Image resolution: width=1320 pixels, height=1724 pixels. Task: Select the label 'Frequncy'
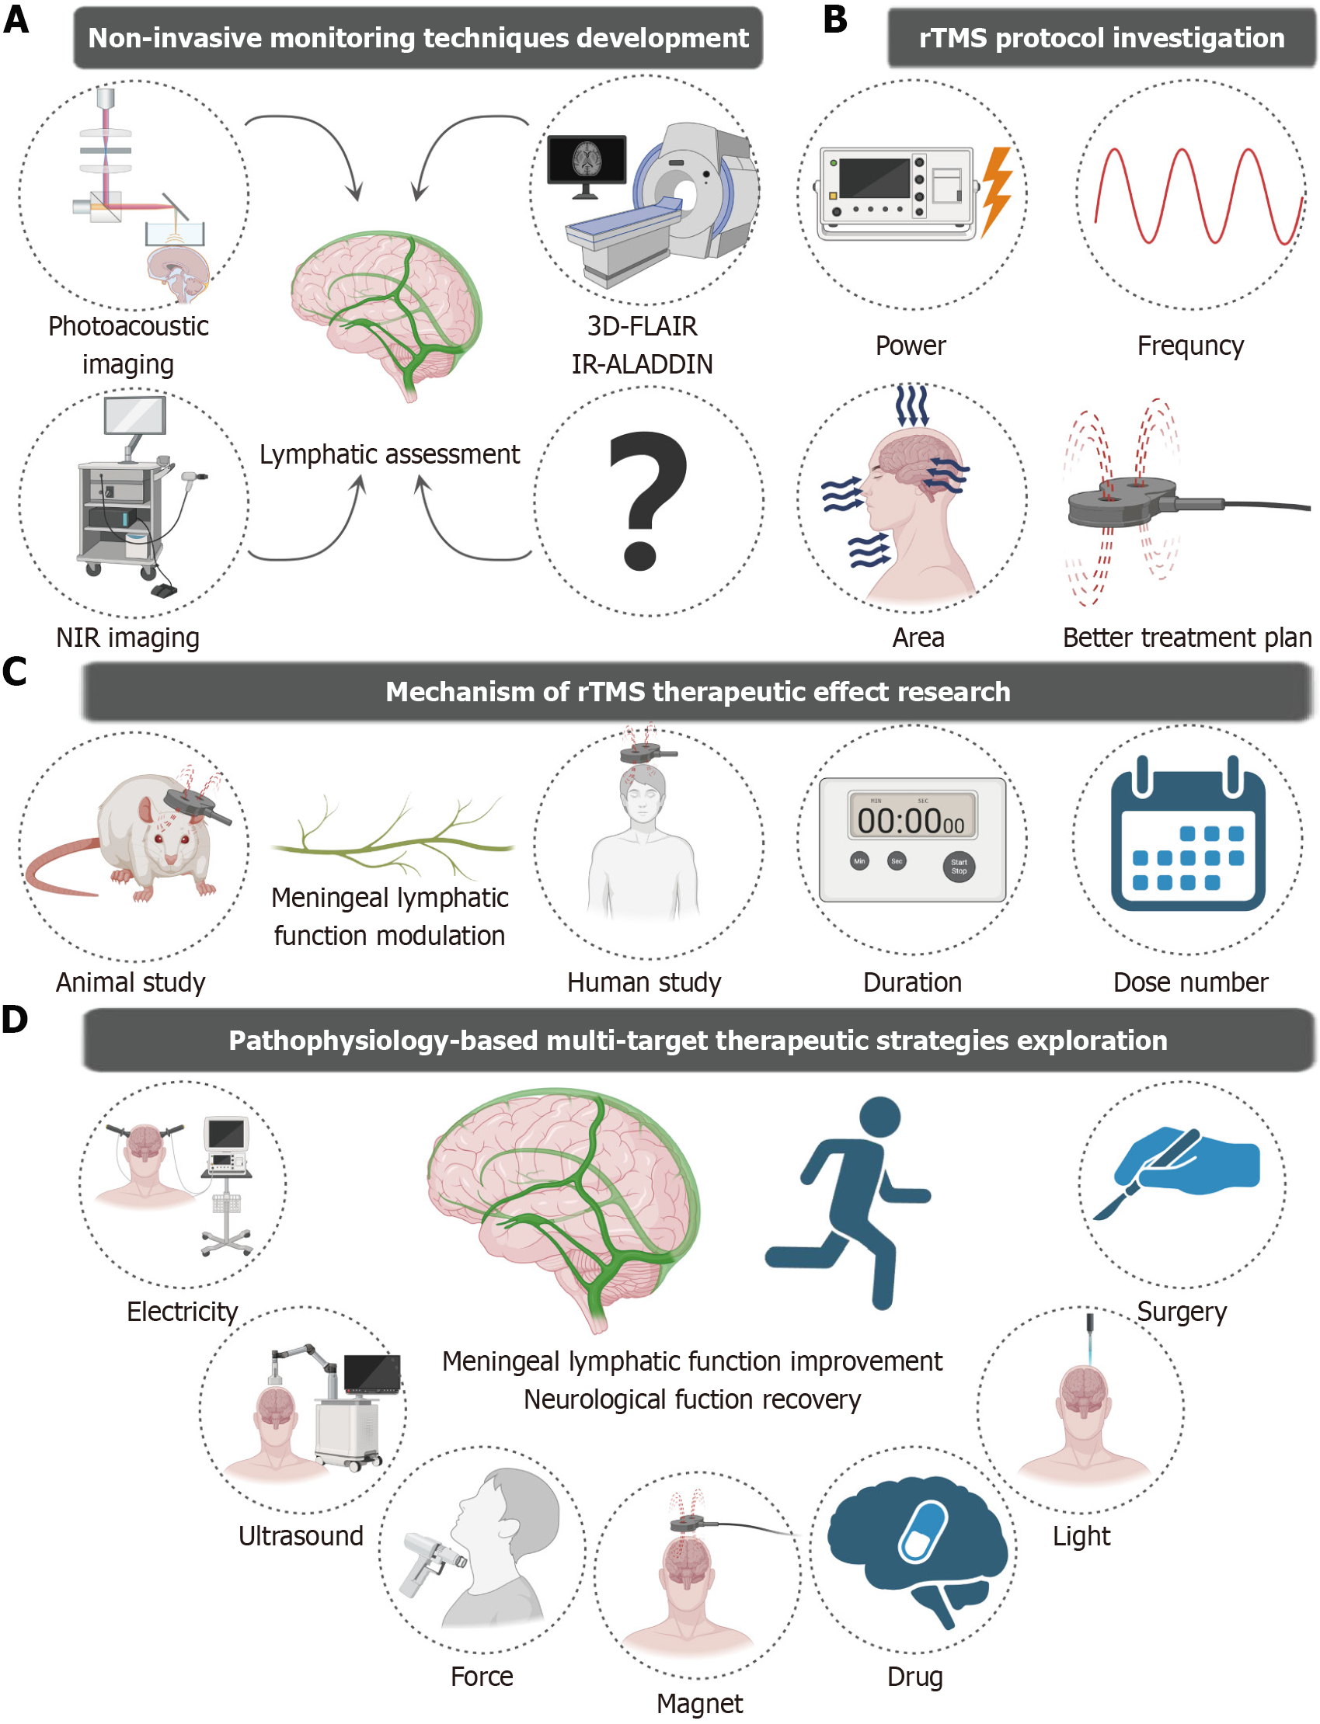(1189, 346)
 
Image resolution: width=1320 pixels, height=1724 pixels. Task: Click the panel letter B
(835, 19)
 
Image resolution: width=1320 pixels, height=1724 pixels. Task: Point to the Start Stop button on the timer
(959, 867)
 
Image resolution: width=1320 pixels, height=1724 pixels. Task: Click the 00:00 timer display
(911, 820)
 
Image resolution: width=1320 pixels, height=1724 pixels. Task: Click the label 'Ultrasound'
(301, 1535)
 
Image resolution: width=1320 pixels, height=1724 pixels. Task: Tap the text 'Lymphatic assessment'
(390, 454)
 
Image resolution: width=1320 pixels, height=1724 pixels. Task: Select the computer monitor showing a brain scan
(586, 162)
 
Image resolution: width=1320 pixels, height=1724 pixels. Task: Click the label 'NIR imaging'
(127, 637)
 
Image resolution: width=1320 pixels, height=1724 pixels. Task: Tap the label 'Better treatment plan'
(1186, 637)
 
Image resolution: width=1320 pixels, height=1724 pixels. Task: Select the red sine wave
(1191, 195)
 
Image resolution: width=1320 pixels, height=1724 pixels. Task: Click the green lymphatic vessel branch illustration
(393, 840)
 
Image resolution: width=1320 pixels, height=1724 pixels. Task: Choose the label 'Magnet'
(699, 1703)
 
